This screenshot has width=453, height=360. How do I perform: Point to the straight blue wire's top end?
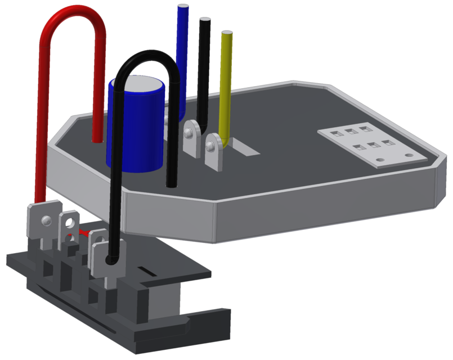[x=183, y=7]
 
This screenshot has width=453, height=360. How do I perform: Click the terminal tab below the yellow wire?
[x=214, y=151]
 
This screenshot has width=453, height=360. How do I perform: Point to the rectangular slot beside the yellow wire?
[x=245, y=148]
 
